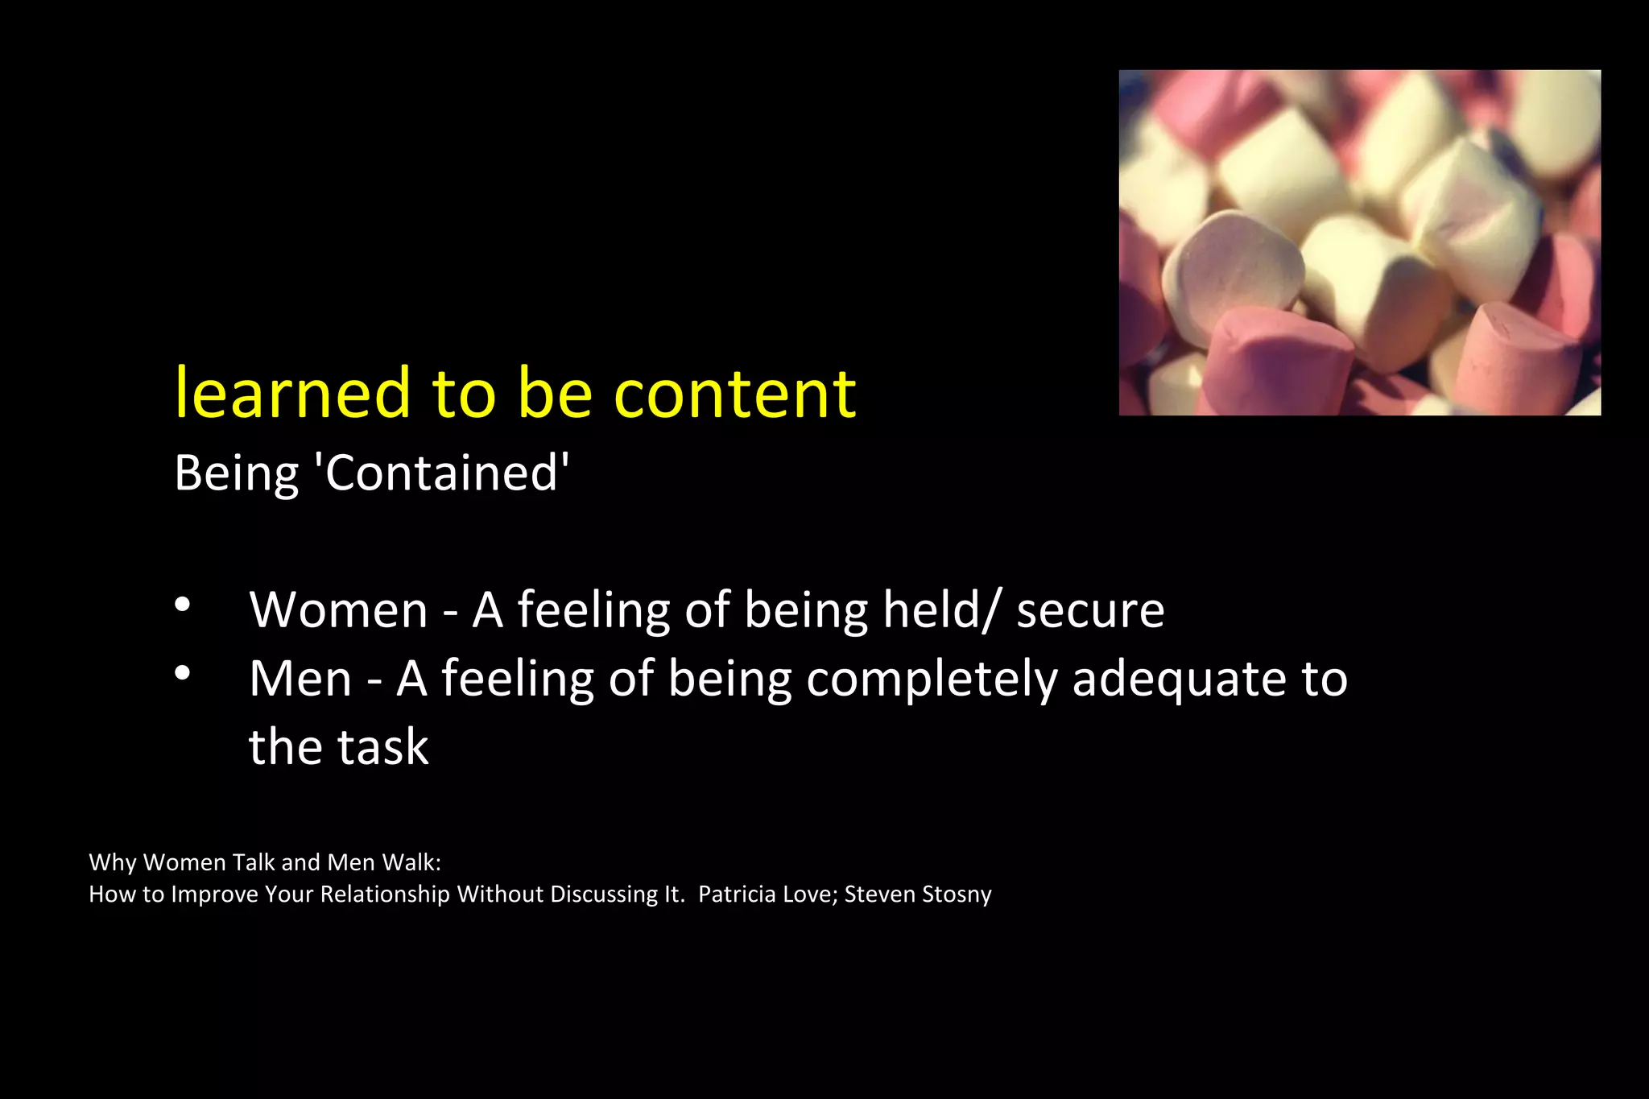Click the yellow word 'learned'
click(293, 394)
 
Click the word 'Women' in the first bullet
click(338, 610)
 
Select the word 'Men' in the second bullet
click(300, 680)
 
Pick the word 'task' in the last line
click(382, 747)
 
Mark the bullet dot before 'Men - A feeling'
click(183, 673)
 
